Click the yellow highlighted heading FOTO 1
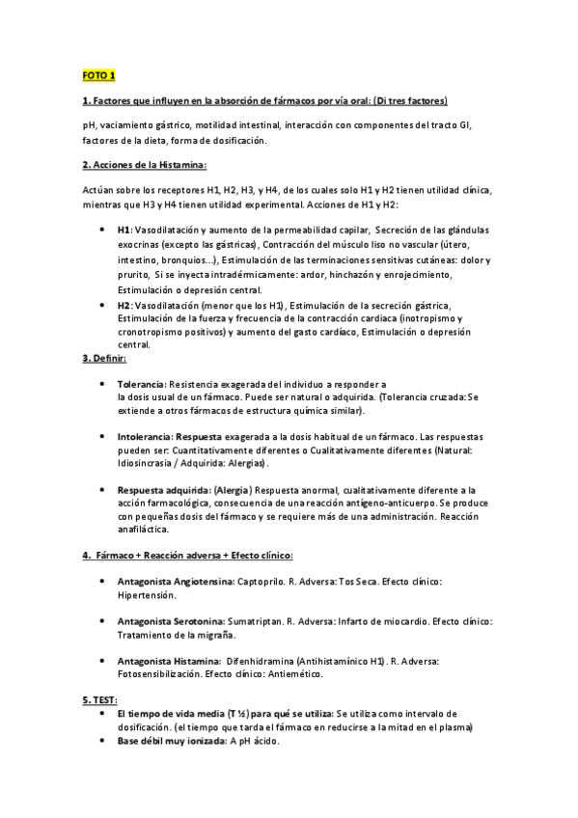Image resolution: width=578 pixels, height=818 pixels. (96, 74)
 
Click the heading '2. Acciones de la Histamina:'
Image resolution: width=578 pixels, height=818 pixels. (138, 165)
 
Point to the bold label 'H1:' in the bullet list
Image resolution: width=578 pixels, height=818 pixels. (124, 231)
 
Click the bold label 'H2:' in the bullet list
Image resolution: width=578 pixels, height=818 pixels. (124, 305)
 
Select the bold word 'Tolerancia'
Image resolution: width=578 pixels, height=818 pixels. (141, 384)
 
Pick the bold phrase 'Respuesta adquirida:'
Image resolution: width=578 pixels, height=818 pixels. (163, 490)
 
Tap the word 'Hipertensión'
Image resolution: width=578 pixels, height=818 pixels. (147, 596)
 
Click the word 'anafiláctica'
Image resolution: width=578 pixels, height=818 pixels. (143, 530)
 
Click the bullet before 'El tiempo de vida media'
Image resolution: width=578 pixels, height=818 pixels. (104, 714)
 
